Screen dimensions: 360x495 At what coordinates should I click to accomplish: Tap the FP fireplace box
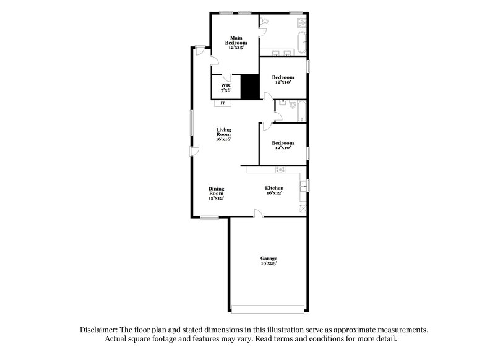click(223, 103)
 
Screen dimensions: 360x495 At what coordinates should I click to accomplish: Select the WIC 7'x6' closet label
click(226, 88)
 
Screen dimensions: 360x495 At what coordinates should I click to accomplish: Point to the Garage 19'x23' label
click(268, 260)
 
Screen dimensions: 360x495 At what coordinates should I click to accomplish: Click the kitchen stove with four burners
click(280, 169)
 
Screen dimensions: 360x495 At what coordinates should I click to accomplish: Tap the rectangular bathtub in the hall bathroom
click(301, 112)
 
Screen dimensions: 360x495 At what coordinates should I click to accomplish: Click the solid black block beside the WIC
click(249, 87)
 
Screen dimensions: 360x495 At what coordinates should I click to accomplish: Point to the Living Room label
click(223, 134)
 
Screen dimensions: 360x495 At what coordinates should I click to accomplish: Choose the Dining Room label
click(216, 193)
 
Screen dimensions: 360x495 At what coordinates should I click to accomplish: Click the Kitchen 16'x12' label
click(274, 191)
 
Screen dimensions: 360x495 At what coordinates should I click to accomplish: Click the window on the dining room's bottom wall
click(209, 217)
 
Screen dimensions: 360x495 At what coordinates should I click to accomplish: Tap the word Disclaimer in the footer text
click(100, 330)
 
